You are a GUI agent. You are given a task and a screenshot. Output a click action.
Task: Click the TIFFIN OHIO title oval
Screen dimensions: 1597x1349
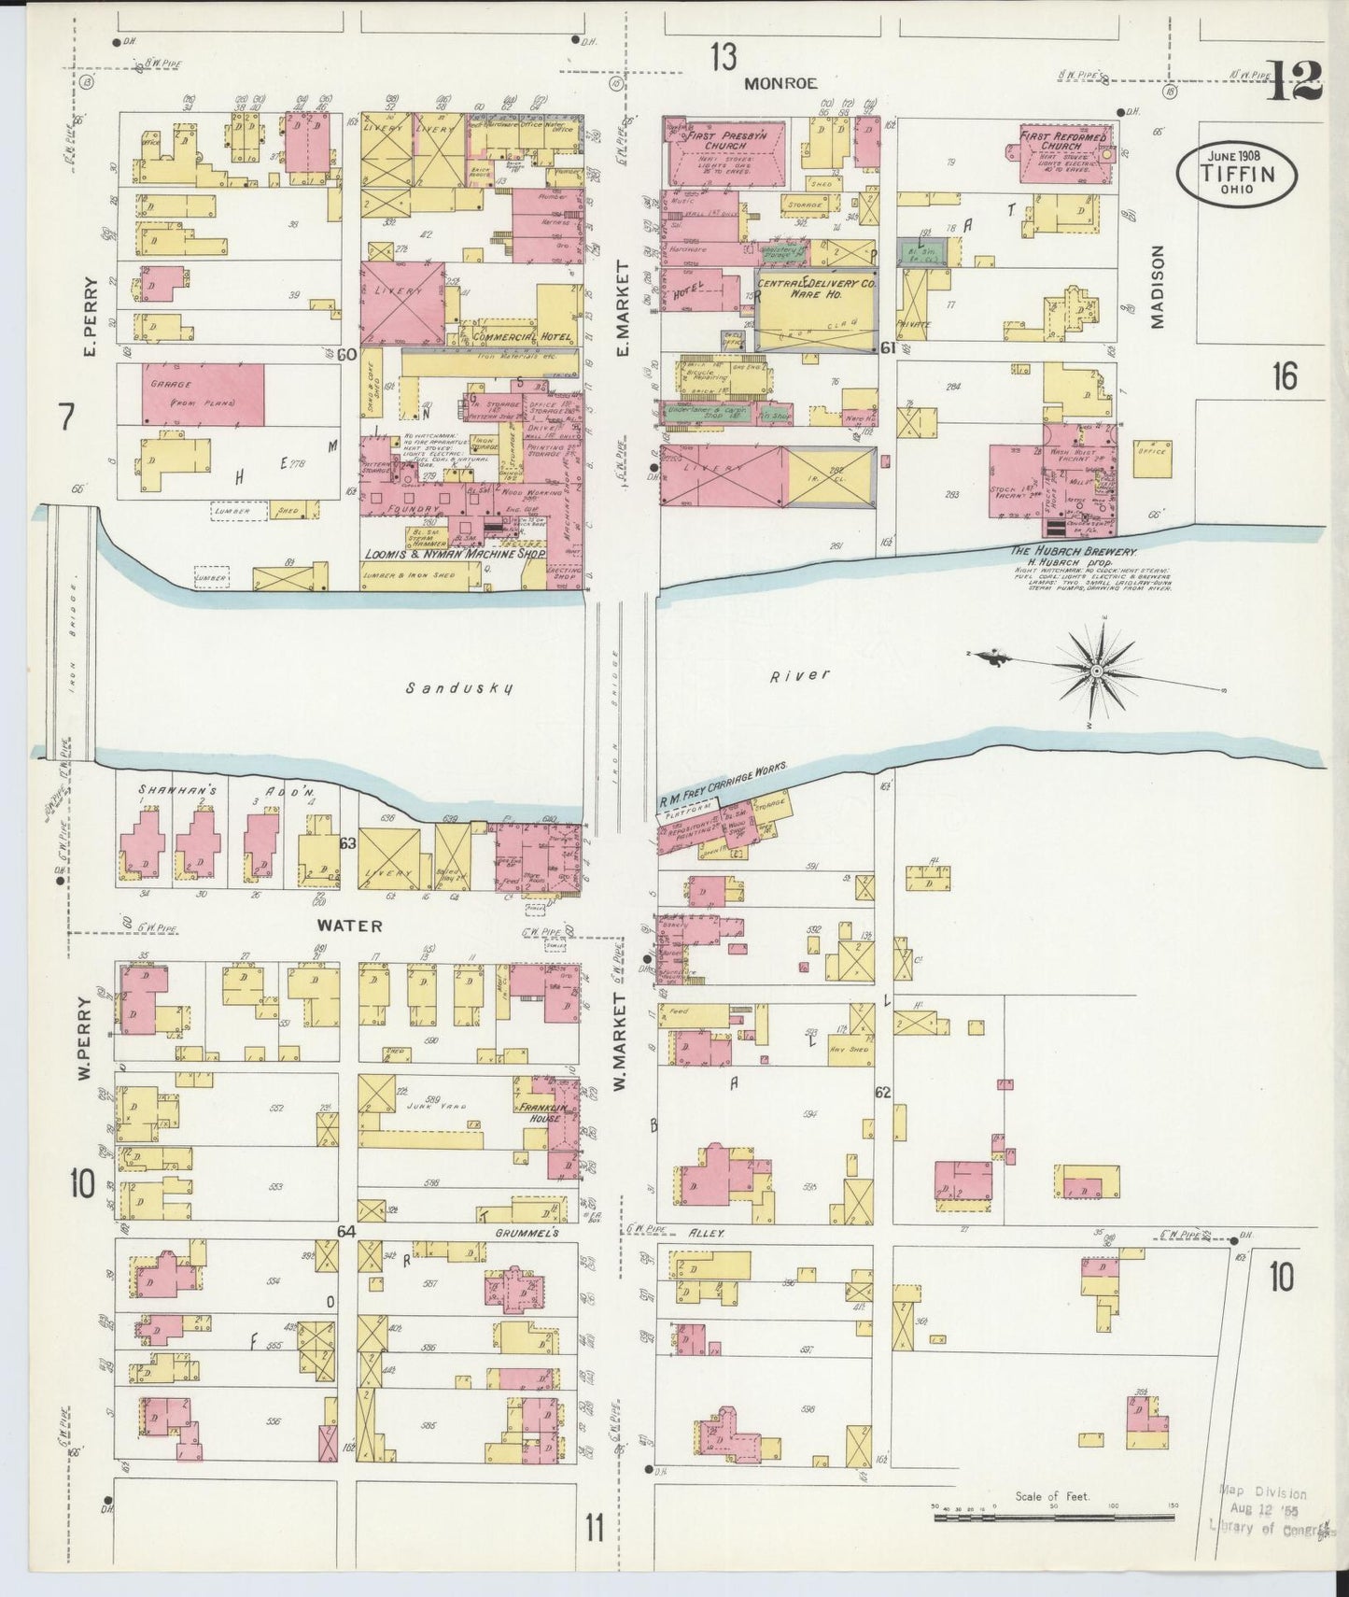click(x=1236, y=174)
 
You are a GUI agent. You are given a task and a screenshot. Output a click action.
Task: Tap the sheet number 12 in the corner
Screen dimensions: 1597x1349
click(x=1294, y=81)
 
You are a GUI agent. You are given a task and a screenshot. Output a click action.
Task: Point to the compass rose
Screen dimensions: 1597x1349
click(x=1098, y=671)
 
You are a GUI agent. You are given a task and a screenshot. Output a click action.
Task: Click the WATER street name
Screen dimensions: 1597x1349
click(x=348, y=926)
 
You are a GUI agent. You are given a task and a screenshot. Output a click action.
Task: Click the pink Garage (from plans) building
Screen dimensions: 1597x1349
click(x=203, y=392)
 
